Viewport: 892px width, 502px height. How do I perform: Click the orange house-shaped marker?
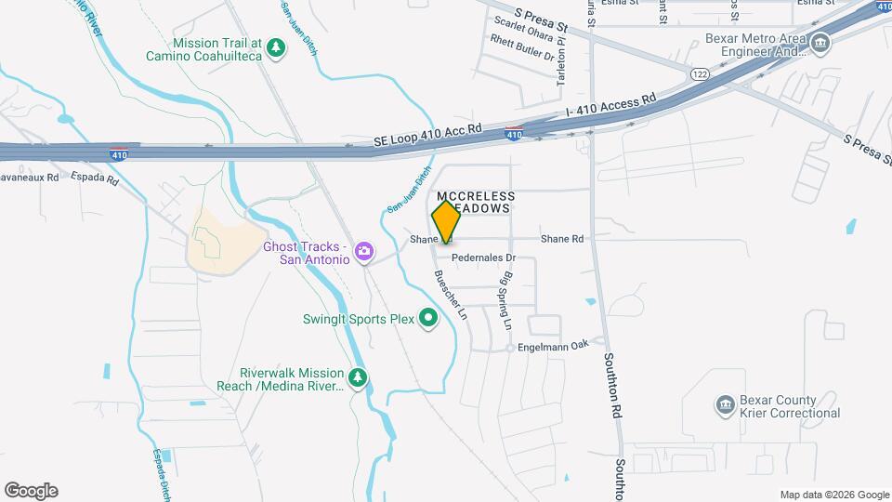pos(446,221)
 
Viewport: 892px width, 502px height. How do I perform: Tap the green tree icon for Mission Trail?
pos(275,47)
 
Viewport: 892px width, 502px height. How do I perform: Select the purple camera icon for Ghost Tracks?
pos(364,251)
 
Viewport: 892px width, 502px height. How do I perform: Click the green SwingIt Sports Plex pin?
pos(427,319)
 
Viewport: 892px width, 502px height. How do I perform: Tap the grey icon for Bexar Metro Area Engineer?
pos(820,43)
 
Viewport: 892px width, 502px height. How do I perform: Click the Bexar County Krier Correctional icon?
pos(725,404)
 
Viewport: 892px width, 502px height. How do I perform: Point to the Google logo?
pos(31,491)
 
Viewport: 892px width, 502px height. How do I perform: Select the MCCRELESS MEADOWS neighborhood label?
pos(470,203)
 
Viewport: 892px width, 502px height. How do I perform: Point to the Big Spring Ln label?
pos(506,301)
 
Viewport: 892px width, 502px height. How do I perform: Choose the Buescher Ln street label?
pos(454,295)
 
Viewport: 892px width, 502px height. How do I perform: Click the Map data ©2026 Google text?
pos(834,495)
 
